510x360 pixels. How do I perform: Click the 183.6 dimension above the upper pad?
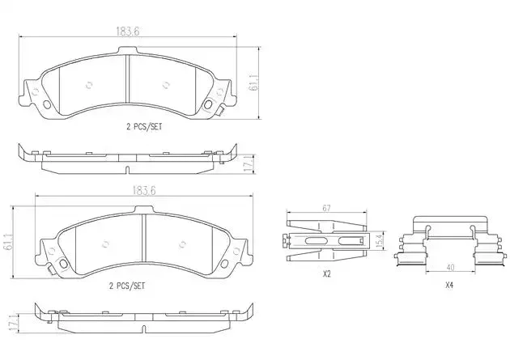[x=128, y=32]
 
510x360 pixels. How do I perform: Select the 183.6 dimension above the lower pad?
[x=144, y=190]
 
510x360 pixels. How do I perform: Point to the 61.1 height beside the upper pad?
[x=254, y=83]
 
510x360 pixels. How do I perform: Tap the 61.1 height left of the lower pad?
[x=6, y=242]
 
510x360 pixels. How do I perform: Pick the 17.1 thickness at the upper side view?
[x=249, y=165]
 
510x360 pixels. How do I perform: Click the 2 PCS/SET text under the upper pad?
[x=144, y=127]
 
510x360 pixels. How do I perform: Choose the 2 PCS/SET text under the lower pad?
[x=127, y=286]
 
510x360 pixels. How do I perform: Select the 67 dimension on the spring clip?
[x=326, y=208]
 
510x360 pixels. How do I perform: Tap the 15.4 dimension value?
[x=379, y=241]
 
